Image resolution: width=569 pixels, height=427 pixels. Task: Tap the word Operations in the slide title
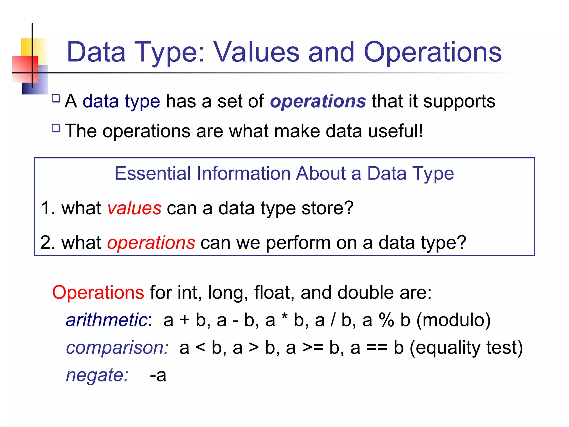tap(432, 52)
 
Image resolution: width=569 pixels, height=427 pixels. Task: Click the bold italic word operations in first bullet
tap(318, 101)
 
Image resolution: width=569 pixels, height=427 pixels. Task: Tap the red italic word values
tap(134, 208)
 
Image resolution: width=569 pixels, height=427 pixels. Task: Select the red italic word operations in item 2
tap(151, 243)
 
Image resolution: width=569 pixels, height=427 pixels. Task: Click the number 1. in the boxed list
tap(48, 208)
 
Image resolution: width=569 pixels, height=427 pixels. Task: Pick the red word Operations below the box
tap(98, 293)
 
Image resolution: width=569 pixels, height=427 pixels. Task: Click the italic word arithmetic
tap(107, 320)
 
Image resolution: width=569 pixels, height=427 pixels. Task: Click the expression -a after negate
tap(158, 375)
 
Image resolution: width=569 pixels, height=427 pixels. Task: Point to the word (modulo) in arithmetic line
tap(453, 320)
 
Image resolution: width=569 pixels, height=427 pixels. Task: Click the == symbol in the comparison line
tap(377, 348)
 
